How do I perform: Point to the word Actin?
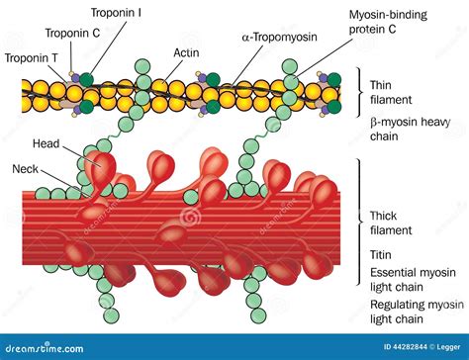(188, 51)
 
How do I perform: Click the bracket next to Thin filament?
(360, 93)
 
